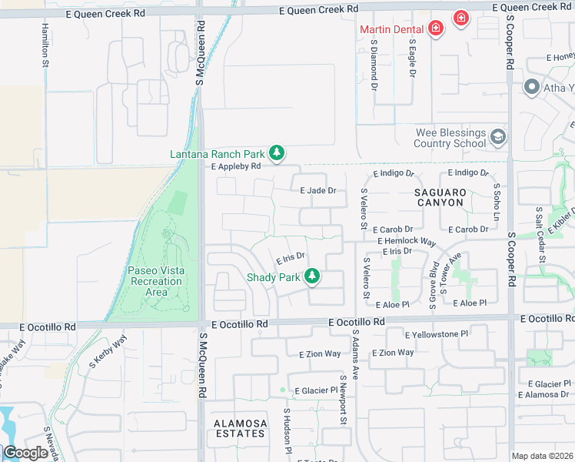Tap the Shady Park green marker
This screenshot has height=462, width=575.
[311, 276]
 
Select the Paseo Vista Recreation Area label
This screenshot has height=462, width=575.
[155, 281]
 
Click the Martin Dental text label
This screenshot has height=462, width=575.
[392, 29]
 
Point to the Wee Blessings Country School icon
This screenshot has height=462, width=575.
[497, 137]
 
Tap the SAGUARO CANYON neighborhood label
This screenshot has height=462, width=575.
[440, 197]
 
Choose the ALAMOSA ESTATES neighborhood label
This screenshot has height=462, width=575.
[240, 429]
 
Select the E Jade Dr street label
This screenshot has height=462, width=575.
[318, 190]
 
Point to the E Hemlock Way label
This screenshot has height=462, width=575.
[407, 241]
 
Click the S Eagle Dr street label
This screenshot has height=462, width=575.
[412, 59]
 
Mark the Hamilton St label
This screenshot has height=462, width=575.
[45, 45]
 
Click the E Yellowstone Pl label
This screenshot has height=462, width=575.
[437, 334]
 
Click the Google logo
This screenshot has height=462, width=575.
[25, 454]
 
